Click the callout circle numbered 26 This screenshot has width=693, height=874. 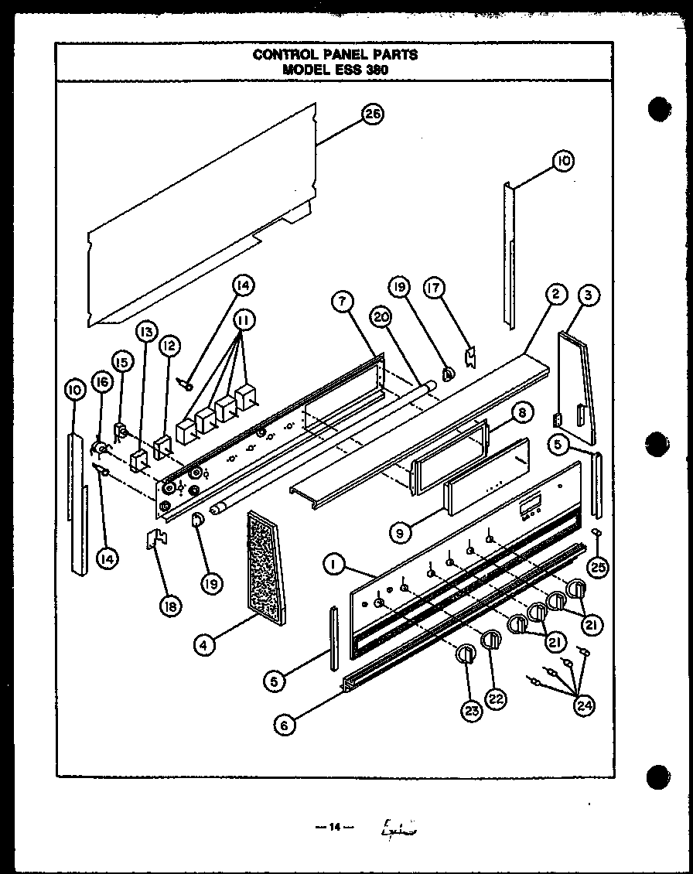[x=373, y=114]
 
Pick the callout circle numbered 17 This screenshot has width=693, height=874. [x=434, y=288]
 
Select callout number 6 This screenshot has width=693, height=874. [x=285, y=725]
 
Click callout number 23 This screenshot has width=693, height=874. [x=471, y=709]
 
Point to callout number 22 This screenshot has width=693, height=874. [x=497, y=698]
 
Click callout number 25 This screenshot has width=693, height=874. [x=597, y=567]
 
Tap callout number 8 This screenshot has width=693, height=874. [x=522, y=413]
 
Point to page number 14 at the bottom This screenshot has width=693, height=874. [x=335, y=827]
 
